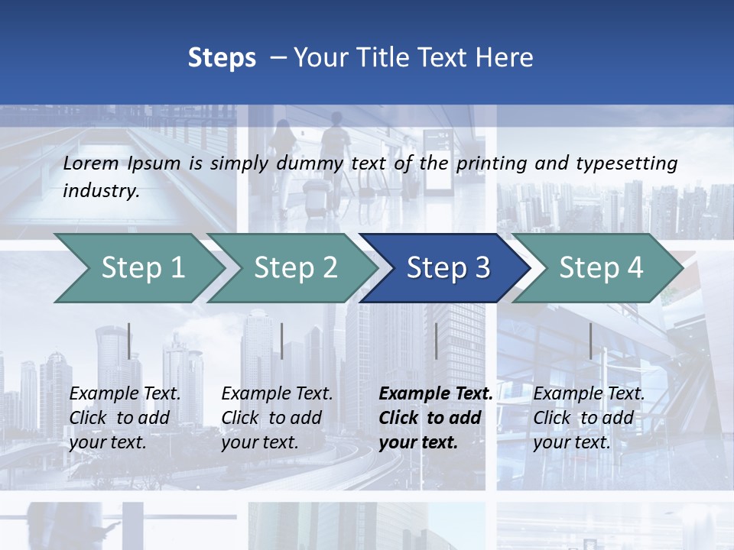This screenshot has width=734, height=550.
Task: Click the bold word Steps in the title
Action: [222, 58]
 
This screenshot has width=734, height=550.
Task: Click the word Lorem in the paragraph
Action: [91, 163]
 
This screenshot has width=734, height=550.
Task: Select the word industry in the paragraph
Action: [100, 191]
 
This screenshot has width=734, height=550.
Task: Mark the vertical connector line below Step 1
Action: [129, 341]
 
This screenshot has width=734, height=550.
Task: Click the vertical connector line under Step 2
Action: [282, 341]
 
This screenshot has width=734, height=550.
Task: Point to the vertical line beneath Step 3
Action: [436, 341]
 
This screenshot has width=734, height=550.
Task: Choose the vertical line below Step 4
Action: [590, 341]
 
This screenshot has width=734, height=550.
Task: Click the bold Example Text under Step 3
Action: [436, 393]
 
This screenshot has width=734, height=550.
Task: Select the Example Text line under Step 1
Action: [125, 393]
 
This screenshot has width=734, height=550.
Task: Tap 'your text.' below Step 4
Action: [572, 442]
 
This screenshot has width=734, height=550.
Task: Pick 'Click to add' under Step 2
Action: [271, 418]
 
